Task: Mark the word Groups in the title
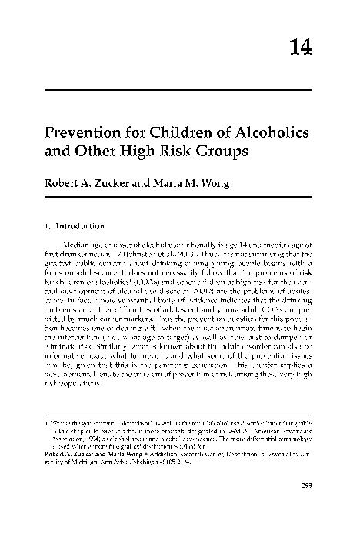[219, 151]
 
